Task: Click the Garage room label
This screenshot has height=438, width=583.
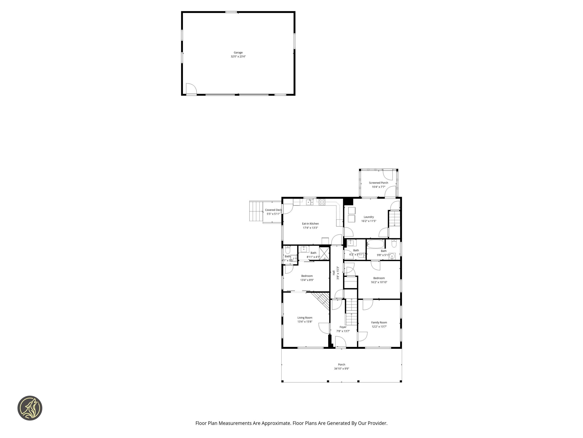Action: click(238, 52)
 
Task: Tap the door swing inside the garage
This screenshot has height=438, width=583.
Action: click(191, 89)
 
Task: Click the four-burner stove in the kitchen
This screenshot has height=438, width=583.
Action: click(322, 202)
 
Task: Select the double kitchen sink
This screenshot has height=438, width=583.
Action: click(310, 202)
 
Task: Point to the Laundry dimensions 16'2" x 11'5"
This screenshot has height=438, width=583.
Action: click(369, 221)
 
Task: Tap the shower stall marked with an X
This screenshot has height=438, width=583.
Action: click(324, 253)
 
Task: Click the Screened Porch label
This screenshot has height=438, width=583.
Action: click(378, 183)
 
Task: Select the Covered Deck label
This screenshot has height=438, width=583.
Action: click(273, 210)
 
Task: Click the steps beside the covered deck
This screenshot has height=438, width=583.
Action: click(256, 211)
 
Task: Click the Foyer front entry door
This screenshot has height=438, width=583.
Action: click(340, 342)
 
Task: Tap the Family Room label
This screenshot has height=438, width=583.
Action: click(379, 322)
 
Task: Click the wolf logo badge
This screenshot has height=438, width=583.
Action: click(30, 408)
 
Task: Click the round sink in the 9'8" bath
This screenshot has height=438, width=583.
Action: click(392, 256)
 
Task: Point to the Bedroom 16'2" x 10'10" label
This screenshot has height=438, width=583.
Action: click(379, 278)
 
